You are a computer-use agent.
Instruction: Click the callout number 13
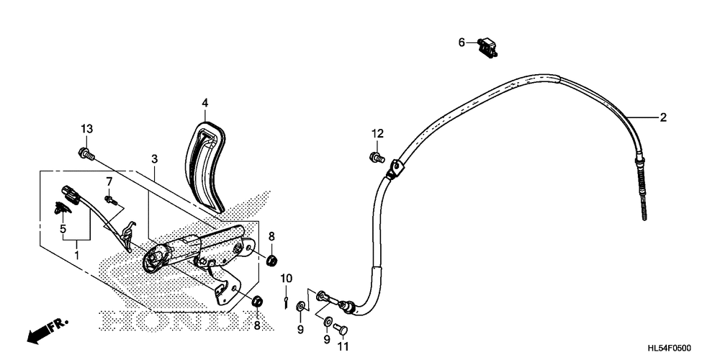(x=87, y=129)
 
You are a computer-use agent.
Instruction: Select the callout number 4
(x=204, y=102)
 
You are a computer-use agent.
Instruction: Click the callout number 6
(x=462, y=42)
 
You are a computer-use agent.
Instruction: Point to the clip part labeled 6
(x=487, y=47)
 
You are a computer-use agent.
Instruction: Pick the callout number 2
(x=662, y=117)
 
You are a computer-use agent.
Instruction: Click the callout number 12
(x=377, y=134)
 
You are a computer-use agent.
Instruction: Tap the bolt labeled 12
(x=377, y=158)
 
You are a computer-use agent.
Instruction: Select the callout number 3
(x=155, y=159)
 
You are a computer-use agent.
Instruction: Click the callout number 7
(x=109, y=181)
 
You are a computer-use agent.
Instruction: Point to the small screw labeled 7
(x=111, y=199)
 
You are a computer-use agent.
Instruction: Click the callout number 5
(x=63, y=228)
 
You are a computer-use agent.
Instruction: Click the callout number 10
(x=286, y=278)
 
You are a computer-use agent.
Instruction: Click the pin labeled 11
(x=341, y=328)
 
